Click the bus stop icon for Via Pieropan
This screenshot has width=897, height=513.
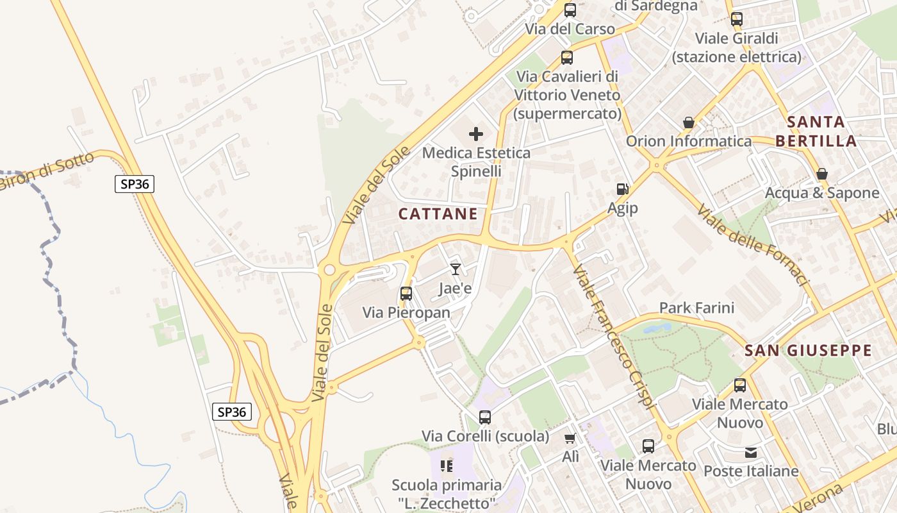[x=406, y=294]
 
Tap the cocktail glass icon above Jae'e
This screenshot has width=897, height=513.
[x=456, y=269]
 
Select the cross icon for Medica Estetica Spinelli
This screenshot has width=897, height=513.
[x=476, y=134]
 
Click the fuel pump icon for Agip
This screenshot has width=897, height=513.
[x=622, y=189]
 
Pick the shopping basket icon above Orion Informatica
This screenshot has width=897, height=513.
[x=689, y=122]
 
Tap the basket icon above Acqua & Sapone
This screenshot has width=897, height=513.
[x=822, y=174]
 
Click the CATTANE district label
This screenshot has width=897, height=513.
[x=438, y=214]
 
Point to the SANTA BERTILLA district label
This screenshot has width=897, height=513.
[x=816, y=131]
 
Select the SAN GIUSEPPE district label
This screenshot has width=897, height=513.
[x=808, y=351]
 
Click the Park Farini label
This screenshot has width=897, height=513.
[x=696, y=308]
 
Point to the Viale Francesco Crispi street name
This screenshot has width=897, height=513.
[x=614, y=337]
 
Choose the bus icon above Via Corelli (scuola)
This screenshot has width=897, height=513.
[x=485, y=417]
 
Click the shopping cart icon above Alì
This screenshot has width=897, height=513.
[x=570, y=439]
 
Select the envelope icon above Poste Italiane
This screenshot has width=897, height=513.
[x=751, y=453]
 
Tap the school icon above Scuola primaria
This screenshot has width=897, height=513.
[x=447, y=466]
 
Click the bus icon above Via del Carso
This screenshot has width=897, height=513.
[x=570, y=10]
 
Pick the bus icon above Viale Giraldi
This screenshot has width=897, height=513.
[x=737, y=19]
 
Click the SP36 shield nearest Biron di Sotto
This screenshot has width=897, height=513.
[x=135, y=184]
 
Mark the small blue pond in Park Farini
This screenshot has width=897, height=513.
[x=657, y=328]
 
